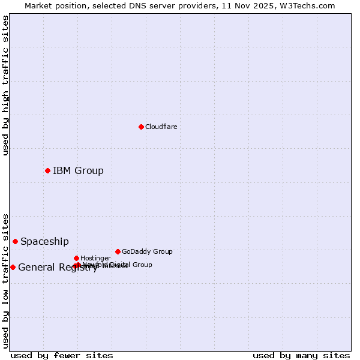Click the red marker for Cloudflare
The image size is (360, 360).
coord(141,127)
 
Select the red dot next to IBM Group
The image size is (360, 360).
coord(47,170)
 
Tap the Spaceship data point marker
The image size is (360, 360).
coord(15,241)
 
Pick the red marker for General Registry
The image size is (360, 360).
coord(13,267)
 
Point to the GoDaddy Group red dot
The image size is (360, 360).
coord(118,251)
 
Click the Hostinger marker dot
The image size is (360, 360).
coord(76,258)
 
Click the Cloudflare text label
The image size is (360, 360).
coord(161,127)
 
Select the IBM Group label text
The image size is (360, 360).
coord(78,170)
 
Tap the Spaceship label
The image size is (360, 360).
coord(44,241)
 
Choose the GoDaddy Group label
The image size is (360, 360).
coord(147,251)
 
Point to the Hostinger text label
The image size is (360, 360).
coord(95,258)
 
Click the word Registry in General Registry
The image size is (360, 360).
coord(77,268)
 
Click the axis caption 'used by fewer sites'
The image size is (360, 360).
coord(62,355)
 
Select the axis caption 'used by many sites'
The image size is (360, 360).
coord(301,355)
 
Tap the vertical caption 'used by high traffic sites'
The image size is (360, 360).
coord(5,85)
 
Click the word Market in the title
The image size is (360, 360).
coord(38,5)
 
